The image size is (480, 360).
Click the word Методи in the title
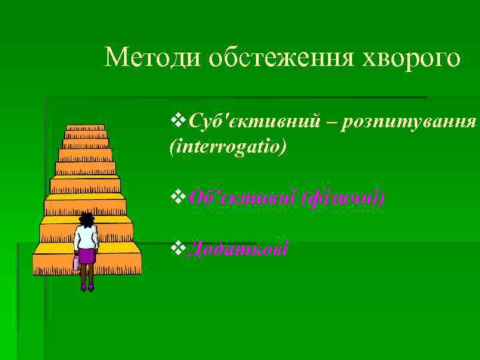(152, 58)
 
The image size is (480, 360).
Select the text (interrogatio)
(229, 146)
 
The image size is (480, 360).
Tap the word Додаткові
(237, 249)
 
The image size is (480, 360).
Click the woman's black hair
(86, 219)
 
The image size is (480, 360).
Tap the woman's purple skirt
(87, 257)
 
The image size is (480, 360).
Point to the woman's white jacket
(86, 237)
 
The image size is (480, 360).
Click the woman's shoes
(87, 287)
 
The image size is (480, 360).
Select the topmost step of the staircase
(85, 127)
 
